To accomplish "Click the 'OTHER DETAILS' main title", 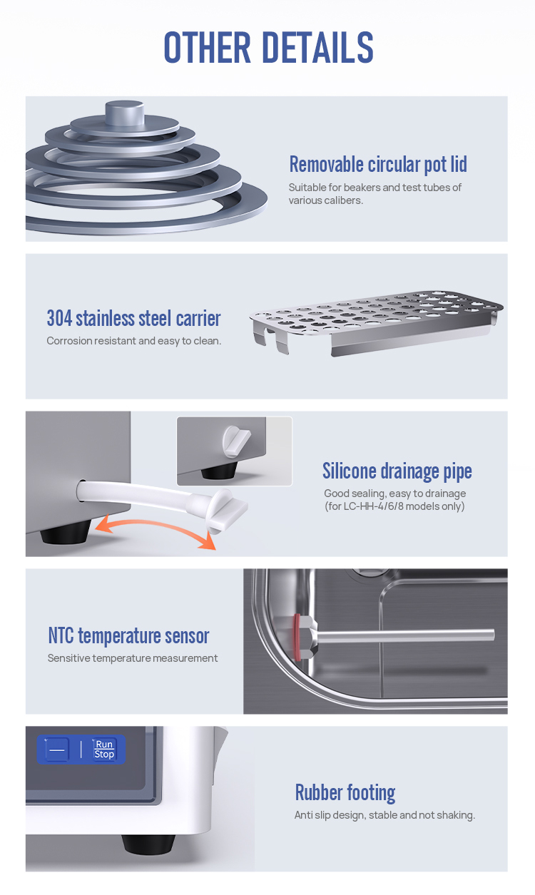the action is click(x=268, y=48).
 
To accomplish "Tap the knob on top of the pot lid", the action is click(x=125, y=112).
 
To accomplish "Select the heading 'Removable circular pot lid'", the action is click(x=378, y=164).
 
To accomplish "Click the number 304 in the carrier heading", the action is click(x=59, y=319).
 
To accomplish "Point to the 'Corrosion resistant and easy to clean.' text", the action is click(x=134, y=341).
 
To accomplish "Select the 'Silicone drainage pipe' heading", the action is click(x=397, y=471).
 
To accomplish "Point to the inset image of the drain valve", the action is click(x=235, y=451).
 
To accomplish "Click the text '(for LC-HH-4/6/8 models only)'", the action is click(x=394, y=506).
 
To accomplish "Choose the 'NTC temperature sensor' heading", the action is click(x=128, y=635).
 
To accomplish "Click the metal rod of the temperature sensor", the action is click(x=404, y=635).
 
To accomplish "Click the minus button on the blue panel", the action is click(x=57, y=750).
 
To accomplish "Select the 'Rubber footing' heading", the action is click(x=345, y=793).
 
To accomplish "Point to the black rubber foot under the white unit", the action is click(x=148, y=844).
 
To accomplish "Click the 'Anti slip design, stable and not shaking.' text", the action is click(x=384, y=815).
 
